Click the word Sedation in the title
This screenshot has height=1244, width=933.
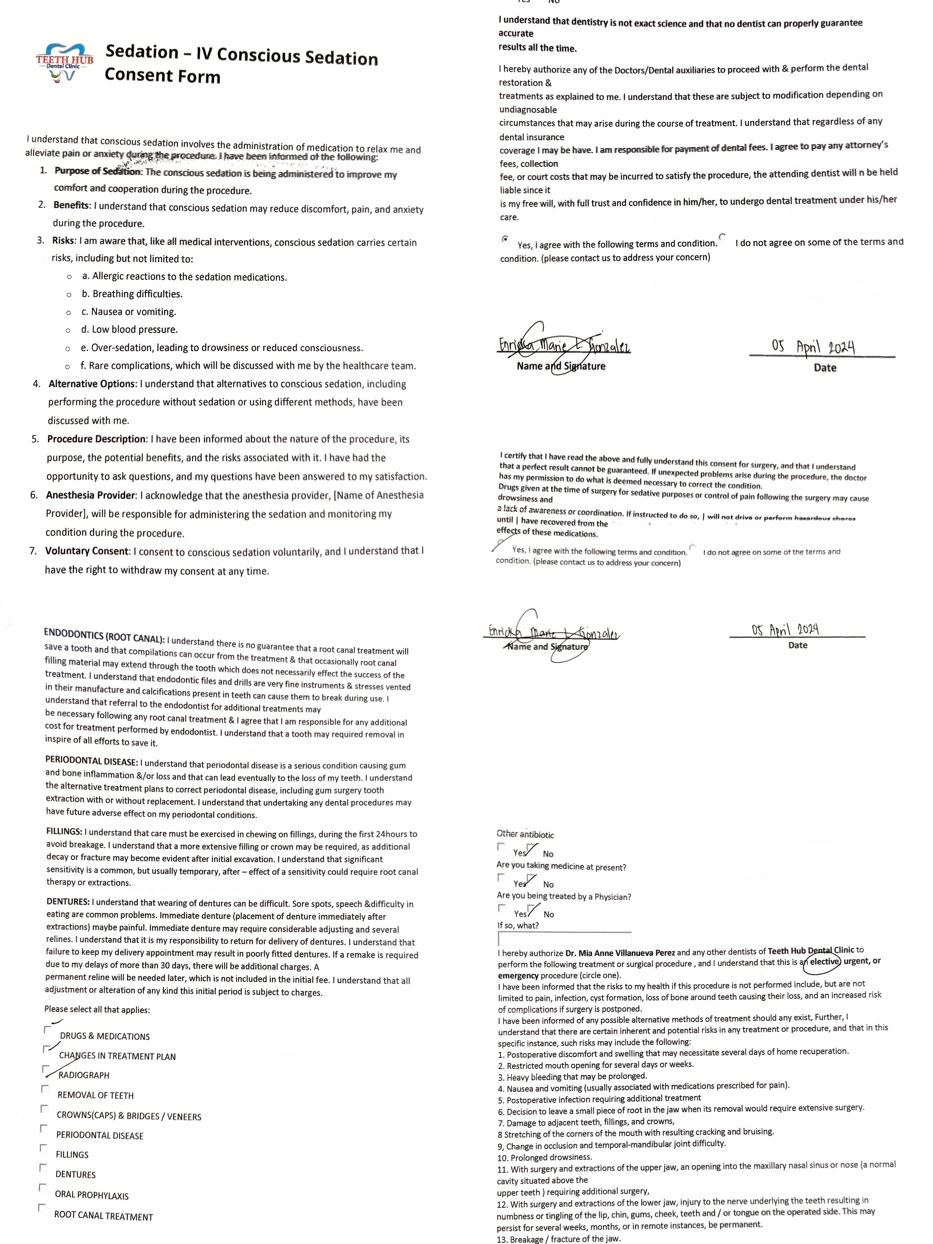click(x=142, y=52)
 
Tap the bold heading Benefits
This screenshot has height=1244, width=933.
click(x=71, y=205)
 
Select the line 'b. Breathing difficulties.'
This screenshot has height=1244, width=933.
click(x=132, y=294)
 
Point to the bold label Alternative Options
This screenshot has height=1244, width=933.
click(x=92, y=384)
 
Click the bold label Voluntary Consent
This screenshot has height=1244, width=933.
click(x=87, y=551)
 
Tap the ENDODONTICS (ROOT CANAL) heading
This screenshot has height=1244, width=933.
click(x=104, y=635)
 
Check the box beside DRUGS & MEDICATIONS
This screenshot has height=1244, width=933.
click(x=47, y=1030)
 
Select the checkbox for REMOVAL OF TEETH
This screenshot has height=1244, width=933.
click(x=44, y=1089)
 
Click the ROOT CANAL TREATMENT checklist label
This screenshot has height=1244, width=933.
click(x=104, y=1216)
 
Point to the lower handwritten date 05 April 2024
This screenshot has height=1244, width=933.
click(x=785, y=629)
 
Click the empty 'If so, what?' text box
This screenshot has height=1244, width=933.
click(x=564, y=939)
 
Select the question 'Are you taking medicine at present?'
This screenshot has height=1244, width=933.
click(x=561, y=866)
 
